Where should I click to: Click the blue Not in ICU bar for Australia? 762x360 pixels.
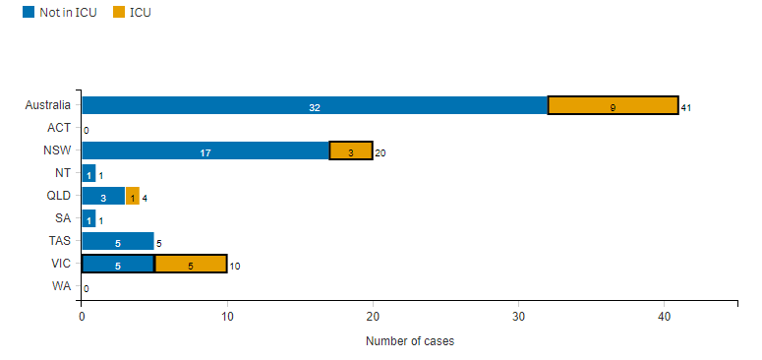pos(314,105)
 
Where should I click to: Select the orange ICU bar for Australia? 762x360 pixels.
pos(613,105)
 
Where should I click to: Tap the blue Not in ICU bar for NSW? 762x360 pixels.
pos(205,150)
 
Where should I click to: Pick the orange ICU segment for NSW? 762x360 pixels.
pos(350,150)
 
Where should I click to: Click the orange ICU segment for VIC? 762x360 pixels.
pos(190,264)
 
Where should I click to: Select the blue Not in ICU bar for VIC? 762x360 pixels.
pos(117,264)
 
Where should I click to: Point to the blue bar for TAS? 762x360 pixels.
pos(117,241)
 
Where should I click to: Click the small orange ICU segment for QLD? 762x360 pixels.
pos(132,196)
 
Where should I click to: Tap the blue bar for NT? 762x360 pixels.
pos(88,173)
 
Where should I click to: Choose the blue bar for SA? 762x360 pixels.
pos(88,218)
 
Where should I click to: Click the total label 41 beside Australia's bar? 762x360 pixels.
pos(686,107)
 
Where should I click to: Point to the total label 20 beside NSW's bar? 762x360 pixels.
pos(381,152)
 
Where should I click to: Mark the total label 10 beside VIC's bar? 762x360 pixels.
pos(235,266)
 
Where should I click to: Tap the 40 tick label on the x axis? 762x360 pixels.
pos(664,318)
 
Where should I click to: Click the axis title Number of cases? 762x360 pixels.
pos(409,341)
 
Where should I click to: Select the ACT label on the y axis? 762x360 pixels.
pos(58,128)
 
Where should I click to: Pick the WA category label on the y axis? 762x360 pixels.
pos(60,286)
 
